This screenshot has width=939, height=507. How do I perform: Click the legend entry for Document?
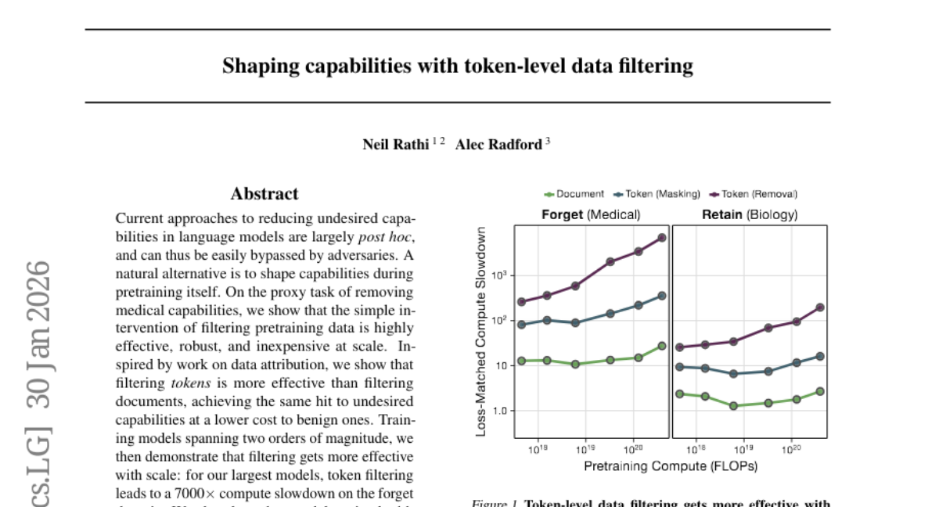[574, 194]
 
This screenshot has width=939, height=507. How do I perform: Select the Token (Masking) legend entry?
[656, 194]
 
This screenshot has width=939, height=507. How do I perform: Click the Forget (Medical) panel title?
[591, 214]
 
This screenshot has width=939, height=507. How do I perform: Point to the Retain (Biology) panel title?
[749, 214]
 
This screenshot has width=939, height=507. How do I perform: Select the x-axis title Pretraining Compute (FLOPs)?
[671, 466]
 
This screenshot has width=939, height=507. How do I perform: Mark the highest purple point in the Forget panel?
[662, 238]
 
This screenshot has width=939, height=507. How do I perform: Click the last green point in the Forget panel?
[662, 346]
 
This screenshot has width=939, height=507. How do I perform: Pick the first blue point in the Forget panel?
[522, 325]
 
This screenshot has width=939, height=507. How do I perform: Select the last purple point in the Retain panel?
[820, 307]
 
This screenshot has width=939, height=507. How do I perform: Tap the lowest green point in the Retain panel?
[733, 406]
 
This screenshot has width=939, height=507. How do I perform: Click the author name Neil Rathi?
[396, 144]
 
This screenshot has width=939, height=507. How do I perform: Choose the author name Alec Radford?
[498, 144]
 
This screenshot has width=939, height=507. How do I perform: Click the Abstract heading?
[264, 194]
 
